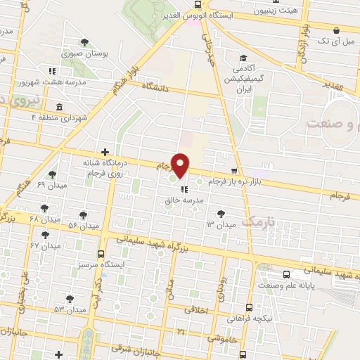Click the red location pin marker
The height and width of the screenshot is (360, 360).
pyautogui.click(x=181, y=165)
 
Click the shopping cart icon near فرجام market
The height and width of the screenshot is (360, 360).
pyautogui.click(x=235, y=171)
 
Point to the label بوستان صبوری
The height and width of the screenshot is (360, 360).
pyautogui.click(x=84, y=53)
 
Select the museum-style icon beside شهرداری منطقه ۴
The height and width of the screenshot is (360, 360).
pyautogui.click(x=58, y=107)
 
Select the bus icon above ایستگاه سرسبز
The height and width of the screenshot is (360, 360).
pyautogui.click(x=101, y=254)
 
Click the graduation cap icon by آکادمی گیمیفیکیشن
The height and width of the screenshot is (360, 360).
pyautogui.click(x=243, y=58)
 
